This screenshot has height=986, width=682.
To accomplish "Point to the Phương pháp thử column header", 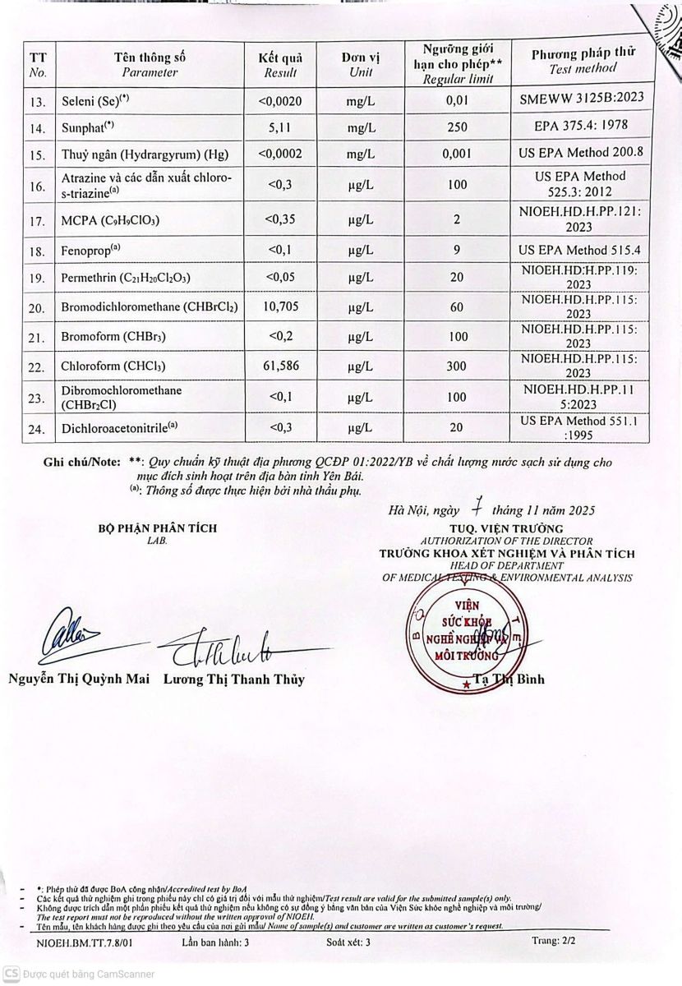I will click(583, 62).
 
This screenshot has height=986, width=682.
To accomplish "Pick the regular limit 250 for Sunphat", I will click(457, 128).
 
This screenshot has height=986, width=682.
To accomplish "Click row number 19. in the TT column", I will click(35, 279).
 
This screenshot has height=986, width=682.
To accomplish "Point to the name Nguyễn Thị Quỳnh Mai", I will click(80, 679).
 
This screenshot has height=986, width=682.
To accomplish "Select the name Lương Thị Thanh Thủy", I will click(233, 680).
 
